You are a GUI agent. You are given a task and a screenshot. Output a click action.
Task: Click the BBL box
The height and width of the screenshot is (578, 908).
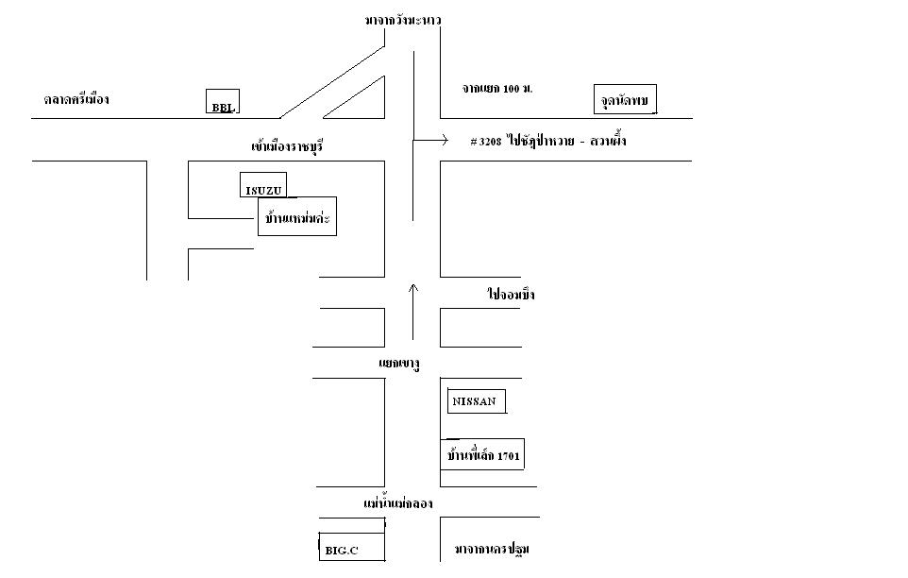pos(222,101)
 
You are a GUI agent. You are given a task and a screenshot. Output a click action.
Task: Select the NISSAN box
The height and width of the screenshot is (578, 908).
pos(477,401)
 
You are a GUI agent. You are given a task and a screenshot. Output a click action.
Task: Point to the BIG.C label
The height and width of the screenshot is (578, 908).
pos(342,549)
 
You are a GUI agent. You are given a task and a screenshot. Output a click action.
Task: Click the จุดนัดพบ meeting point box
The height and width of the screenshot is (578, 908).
pos(625,98)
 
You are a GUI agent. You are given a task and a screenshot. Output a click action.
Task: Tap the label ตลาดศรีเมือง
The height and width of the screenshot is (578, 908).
pos(77,98)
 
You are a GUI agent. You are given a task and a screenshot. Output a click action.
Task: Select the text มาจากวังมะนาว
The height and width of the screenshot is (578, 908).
pos(404,20)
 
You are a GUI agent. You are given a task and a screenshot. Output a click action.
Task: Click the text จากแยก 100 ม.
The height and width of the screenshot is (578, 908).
pos(497,89)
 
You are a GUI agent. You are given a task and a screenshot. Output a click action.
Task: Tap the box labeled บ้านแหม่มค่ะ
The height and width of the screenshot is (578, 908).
pos(296,222)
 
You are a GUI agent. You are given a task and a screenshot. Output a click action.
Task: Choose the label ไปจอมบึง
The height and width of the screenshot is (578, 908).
pos(512,295)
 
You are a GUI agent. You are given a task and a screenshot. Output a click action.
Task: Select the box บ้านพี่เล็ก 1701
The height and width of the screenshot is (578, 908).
pos(484,455)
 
